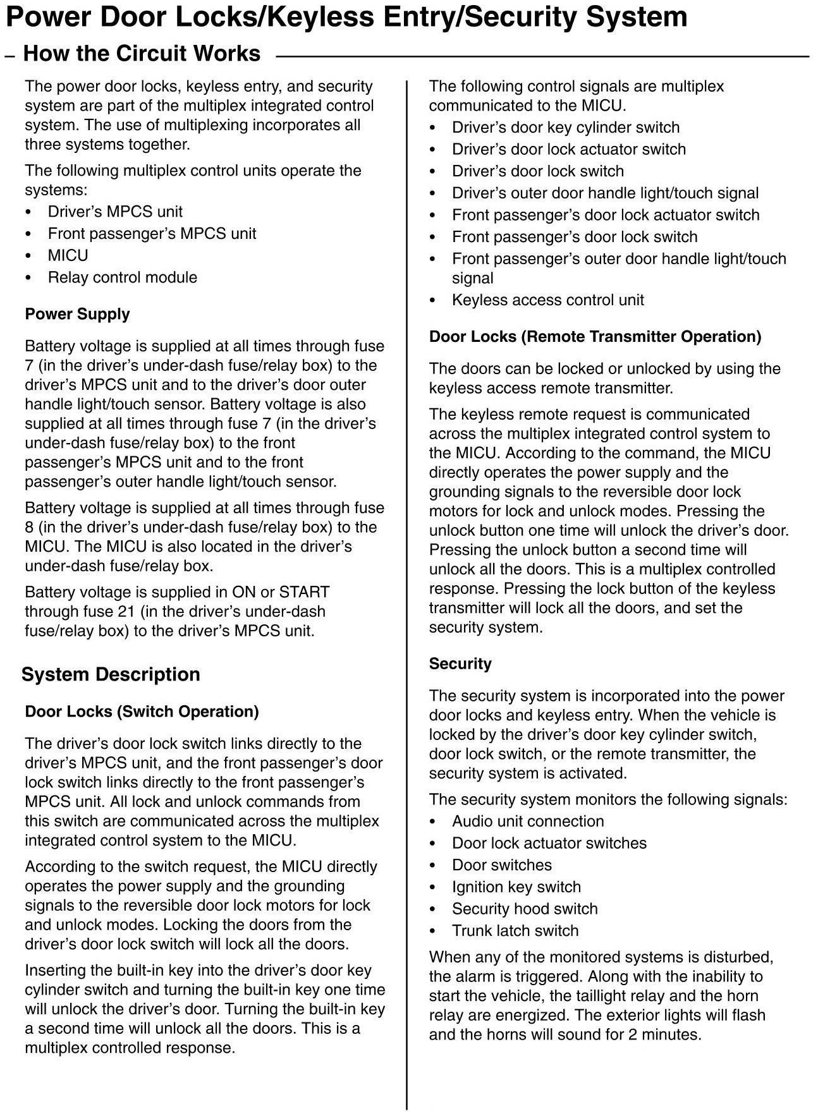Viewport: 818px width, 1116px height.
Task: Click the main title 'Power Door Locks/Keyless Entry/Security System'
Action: point(346,17)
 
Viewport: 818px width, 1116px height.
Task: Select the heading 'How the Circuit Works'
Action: point(142,54)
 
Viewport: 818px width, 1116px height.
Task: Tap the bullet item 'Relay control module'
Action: point(122,277)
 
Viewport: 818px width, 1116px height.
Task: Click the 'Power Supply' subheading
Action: point(77,314)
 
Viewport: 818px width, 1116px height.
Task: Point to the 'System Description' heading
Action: point(111,674)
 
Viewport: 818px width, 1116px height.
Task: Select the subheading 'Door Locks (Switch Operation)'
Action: point(142,712)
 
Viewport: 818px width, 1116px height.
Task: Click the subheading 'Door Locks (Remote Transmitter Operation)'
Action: point(595,336)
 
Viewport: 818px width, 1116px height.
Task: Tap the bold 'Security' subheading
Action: point(460,664)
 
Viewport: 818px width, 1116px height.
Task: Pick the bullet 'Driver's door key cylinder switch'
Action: point(565,128)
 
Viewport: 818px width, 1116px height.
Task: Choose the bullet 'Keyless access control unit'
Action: point(547,300)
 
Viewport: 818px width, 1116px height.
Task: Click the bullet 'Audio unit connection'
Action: point(527,822)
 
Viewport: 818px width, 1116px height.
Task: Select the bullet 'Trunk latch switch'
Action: point(515,931)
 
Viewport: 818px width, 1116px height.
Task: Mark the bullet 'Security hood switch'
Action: point(524,909)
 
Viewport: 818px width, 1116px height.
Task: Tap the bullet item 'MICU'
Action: point(68,255)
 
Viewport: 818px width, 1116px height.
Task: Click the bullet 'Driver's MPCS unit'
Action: point(115,212)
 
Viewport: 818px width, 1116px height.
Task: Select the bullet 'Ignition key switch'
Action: point(516,887)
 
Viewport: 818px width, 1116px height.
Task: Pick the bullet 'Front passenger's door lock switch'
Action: point(574,237)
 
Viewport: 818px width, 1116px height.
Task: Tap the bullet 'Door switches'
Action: point(501,865)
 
